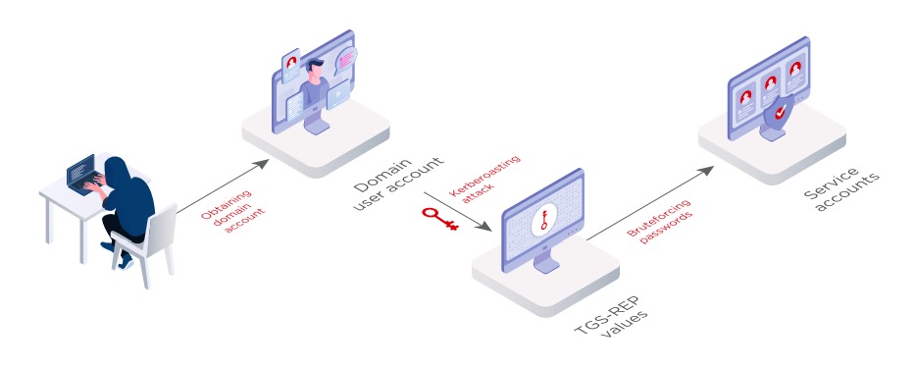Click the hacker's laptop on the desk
tap(80, 173)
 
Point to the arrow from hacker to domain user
tap(223, 186)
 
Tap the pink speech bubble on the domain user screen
tap(346, 59)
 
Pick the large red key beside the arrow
tap(440, 218)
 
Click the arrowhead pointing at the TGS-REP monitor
tap(484, 226)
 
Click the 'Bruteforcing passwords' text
tap(660, 221)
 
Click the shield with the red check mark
tap(779, 115)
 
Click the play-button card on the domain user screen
tap(338, 95)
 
